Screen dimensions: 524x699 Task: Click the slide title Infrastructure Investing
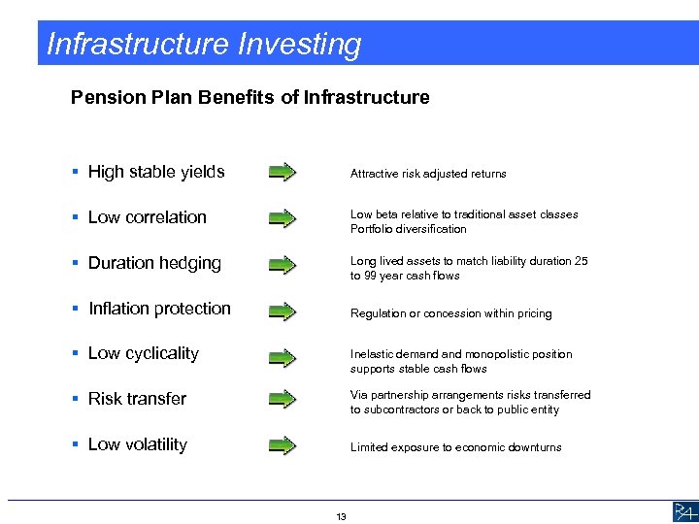coord(204,44)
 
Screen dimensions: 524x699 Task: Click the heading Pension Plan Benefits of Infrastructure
coord(250,97)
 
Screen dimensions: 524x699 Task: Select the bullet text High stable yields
coord(156,172)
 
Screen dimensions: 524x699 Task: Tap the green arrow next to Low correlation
coord(282,218)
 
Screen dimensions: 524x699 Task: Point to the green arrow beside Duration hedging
coord(282,264)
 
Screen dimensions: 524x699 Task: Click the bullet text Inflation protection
coord(159,309)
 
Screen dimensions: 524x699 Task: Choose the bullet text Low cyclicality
coord(143,353)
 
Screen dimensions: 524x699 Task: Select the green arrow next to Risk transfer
coord(282,399)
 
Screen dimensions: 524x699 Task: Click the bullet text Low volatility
coord(137,444)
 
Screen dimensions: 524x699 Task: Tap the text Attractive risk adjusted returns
coord(428,174)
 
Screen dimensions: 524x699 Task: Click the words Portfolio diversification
coord(408,229)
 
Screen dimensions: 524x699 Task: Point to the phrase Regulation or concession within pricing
coord(450,313)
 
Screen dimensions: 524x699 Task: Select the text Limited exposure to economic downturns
coord(455,447)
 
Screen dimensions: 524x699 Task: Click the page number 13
coord(341,515)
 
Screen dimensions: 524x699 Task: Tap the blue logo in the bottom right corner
coord(683,511)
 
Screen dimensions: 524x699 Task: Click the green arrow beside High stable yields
coord(282,173)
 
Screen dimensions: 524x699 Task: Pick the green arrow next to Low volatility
coord(282,445)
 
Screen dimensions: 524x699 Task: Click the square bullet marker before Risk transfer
coord(76,399)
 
